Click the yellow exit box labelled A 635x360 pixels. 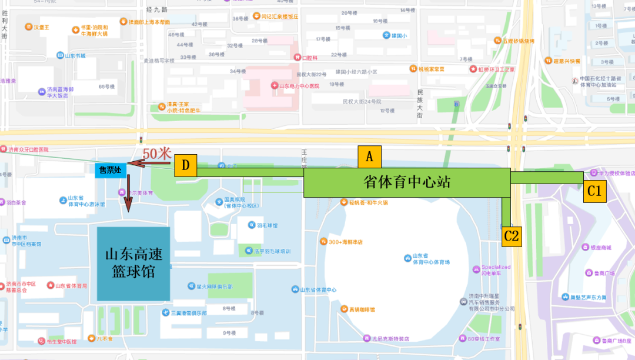point(369,157)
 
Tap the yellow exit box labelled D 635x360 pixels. point(185,165)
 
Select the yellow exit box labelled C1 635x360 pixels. point(594,191)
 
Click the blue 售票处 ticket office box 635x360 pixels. point(111,171)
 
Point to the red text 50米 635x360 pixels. point(157,153)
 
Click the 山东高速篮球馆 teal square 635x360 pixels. point(133,264)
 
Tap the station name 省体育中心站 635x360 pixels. point(407,182)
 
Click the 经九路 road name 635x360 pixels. point(156,9)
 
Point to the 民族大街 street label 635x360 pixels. point(420,104)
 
